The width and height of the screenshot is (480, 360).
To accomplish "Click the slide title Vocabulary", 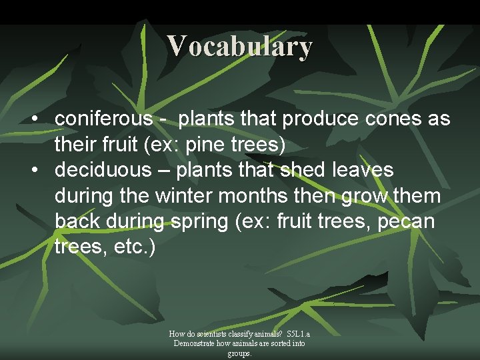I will (x=240, y=46).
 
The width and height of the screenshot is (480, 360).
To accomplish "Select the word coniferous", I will (x=103, y=119).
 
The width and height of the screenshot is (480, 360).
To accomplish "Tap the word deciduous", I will (x=103, y=170).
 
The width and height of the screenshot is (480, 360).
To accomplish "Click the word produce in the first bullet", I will (x=319, y=119).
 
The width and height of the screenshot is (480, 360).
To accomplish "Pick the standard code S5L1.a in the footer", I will (x=298, y=334).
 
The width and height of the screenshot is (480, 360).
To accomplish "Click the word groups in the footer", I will (x=239, y=353).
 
